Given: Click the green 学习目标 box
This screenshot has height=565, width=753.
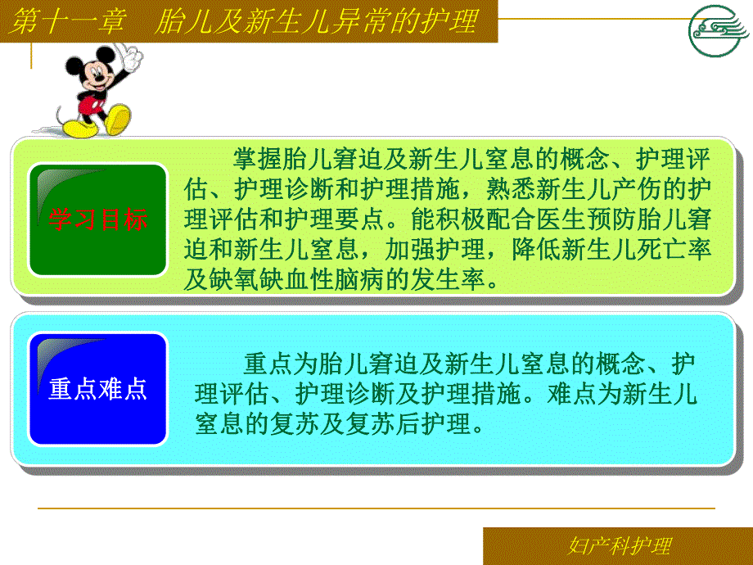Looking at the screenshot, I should [x=98, y=220].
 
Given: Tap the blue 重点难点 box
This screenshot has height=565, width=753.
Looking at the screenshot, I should [x=98, y=388].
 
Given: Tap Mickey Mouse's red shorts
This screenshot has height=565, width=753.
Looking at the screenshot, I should [x=89, y=106].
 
